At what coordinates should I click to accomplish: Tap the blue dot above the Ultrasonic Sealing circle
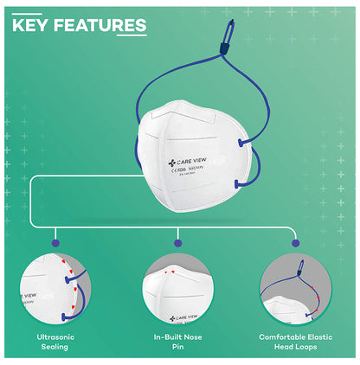57,233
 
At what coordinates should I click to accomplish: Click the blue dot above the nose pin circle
178,233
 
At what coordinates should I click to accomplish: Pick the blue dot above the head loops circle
298,233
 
